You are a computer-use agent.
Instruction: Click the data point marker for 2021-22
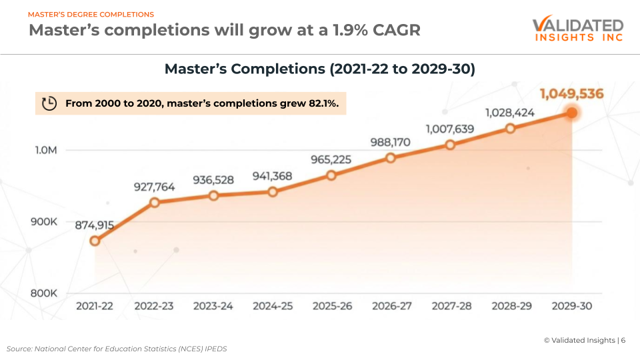95,241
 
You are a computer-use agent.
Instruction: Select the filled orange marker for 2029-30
571,113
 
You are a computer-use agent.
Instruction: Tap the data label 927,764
153,187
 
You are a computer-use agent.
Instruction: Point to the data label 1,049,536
571,94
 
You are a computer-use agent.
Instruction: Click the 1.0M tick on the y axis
46,150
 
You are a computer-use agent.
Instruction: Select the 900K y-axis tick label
46,221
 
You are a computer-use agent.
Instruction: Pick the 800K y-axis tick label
46,293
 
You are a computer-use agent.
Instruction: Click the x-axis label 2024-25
273,306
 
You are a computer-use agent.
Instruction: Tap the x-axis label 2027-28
451,306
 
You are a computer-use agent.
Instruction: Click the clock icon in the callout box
49,103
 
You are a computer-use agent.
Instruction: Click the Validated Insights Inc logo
577,30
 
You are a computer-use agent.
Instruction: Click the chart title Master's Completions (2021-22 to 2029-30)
319,69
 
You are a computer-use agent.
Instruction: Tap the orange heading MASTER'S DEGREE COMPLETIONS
91,14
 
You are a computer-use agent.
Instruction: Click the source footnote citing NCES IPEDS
117,349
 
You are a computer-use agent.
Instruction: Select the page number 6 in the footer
623,340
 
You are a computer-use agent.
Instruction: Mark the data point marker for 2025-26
331,175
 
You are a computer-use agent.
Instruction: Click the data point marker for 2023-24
213,195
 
